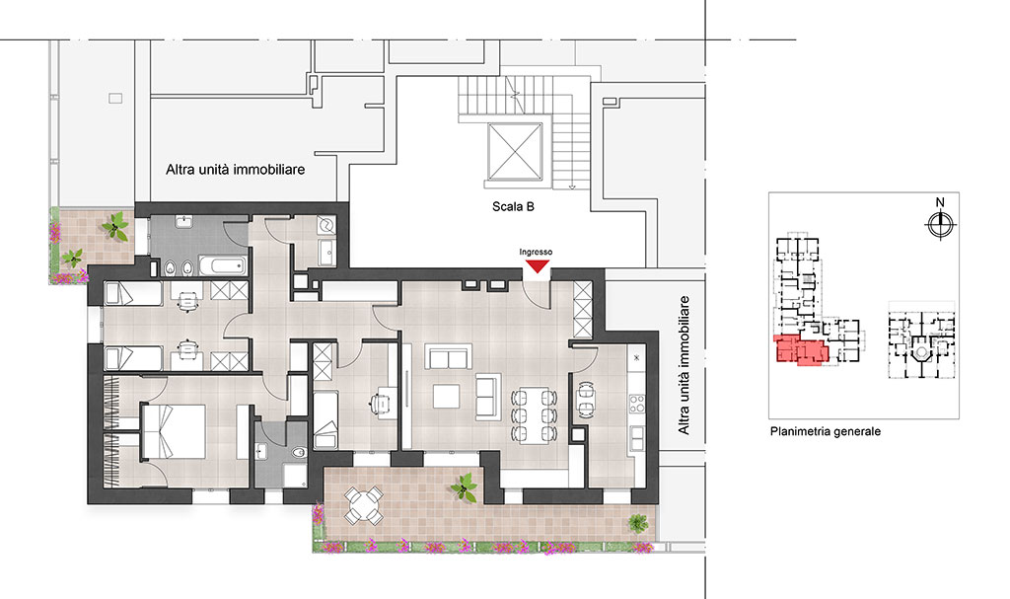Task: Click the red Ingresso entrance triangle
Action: (537, 266)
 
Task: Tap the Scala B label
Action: (513, 207)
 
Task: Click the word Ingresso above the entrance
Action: (536, 252)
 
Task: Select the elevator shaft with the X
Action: (515, 152)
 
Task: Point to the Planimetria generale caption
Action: (826, 431)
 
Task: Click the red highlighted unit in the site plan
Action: (801, 350)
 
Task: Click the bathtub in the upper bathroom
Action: (222, 265)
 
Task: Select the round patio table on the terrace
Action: (364, 505)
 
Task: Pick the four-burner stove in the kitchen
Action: (636, 405)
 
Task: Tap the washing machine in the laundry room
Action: (325, 225)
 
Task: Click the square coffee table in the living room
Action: (446, 396)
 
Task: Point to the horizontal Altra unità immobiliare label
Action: (235, 170)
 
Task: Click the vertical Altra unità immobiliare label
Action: (684, 365)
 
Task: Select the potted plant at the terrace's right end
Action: (638, 523)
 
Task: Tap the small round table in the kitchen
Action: (586, 400)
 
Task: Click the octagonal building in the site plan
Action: (922, 352)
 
